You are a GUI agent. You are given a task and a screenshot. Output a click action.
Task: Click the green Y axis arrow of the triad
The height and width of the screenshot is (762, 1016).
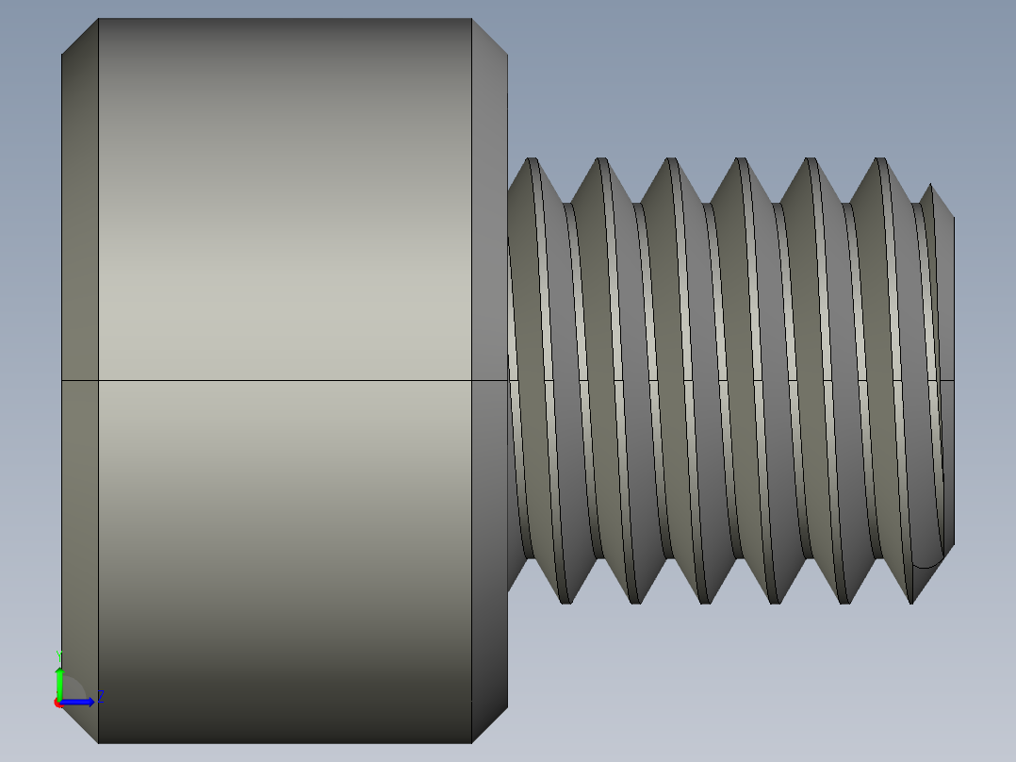[x=59, y=681]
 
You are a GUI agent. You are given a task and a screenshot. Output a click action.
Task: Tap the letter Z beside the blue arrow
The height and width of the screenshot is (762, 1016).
[x=100, y=697]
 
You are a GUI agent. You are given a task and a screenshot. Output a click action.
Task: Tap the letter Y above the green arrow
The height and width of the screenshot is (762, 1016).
[x=59, y=654]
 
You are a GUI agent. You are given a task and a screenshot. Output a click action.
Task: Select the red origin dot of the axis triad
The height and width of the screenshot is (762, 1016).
[x=57, y=703]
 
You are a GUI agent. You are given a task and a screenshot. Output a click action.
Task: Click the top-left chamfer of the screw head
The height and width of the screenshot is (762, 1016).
[x=80, y=37]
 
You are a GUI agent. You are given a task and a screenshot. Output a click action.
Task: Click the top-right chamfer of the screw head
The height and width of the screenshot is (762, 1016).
[x=489, y=37]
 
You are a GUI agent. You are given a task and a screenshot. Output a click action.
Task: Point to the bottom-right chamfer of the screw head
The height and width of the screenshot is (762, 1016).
[x=489, y=724]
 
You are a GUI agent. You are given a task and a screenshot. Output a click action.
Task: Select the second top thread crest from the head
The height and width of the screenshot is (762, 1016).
[x=600, y=160]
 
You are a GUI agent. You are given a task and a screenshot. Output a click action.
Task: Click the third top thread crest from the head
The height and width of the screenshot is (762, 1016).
[x=670, y=160]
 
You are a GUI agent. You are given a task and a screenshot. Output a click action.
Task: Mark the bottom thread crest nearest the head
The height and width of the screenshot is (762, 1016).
[x=565, y=601]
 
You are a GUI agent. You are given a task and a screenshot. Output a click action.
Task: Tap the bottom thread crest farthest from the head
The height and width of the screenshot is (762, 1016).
[x=912, y=601]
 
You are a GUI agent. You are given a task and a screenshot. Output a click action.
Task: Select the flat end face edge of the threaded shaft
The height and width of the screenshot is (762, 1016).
[x=954, y=377]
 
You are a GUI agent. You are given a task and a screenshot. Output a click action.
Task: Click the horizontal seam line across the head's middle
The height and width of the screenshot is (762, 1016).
[x=283, y=380]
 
